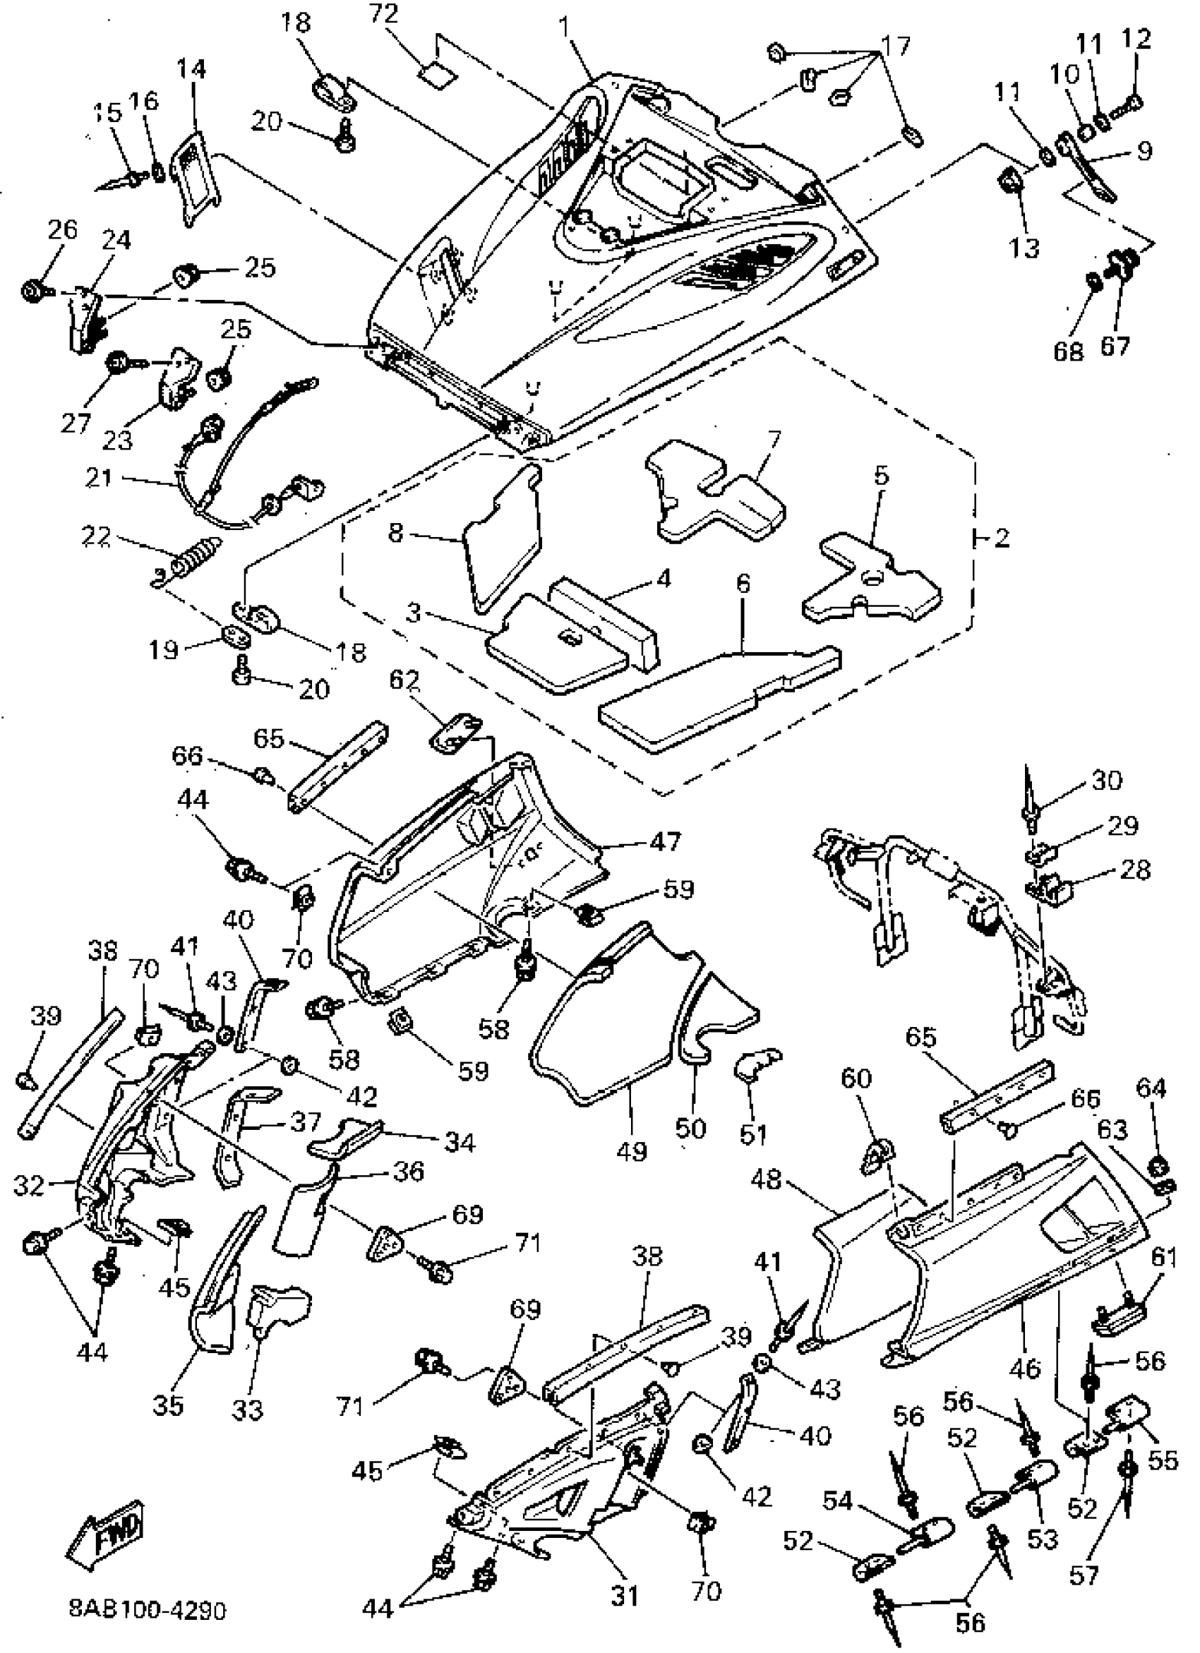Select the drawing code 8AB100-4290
[148, 1609]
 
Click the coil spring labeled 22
[196, 559]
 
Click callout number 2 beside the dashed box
[1002, 539]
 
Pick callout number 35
[169, 1405]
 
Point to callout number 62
[404, 680]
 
